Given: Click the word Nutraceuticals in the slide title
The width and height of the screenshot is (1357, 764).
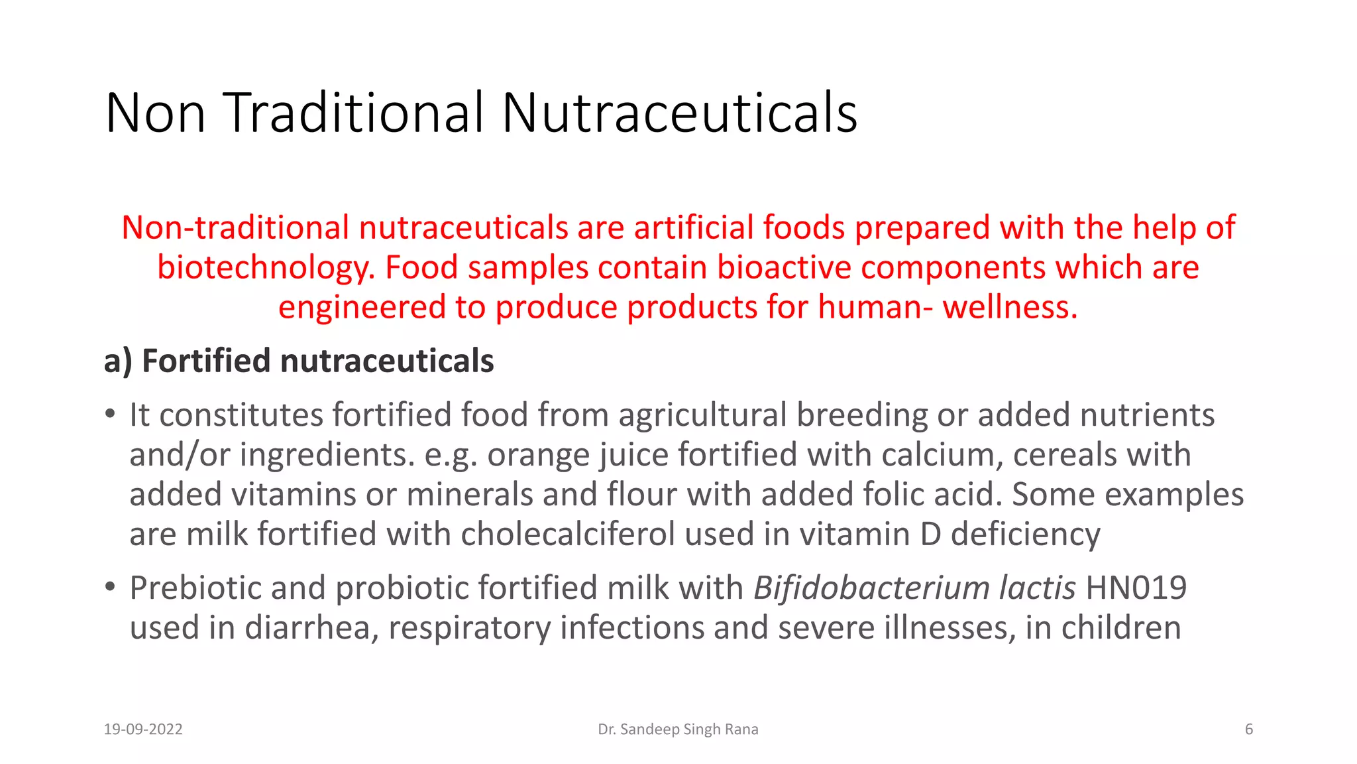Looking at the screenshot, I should pos(679,113).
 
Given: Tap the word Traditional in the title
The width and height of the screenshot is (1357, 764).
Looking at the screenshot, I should pos(354,113).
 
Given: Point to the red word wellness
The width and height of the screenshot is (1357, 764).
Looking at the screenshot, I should pos(1010,308).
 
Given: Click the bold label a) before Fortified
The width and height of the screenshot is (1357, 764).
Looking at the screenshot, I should pos(118,361).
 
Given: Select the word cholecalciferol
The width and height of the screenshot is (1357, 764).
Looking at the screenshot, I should pos(568,535).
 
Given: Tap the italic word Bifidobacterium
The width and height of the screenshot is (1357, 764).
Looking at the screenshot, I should pos(871,588).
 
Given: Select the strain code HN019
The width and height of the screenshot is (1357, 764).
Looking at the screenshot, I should pos(1136,588).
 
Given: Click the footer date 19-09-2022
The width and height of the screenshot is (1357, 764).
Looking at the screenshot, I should pos(143,730).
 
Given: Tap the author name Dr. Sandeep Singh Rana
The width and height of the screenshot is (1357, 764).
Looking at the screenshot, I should pos(678,730).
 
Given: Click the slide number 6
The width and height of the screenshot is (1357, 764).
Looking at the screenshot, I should pos(1249,730).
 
